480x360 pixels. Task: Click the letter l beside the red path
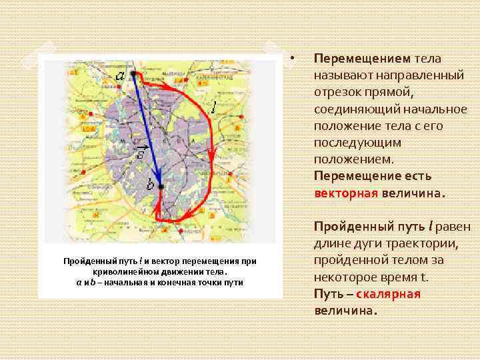pyautogui.click(x=213, y=106)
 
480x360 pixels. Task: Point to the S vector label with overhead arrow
pyautogui.click(x=141, y=155)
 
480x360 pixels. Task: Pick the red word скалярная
pyautogui.click(x=389, y=294)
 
